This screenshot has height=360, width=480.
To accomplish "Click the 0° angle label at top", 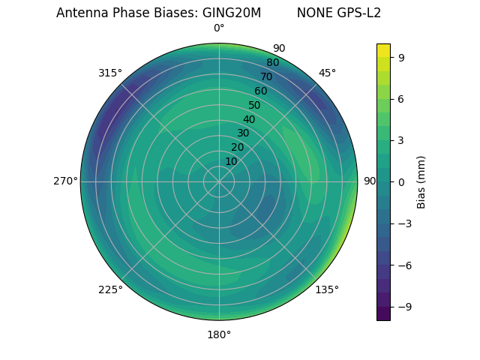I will pos(219,28).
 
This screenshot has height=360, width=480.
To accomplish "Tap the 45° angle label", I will pos(327,73).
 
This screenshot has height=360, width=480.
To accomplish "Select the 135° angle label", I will pos(327,290).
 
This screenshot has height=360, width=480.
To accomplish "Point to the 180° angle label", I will pos(219,334).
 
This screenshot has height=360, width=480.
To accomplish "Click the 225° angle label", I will pos(110,290).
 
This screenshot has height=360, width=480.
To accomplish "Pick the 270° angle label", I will pos(65,181).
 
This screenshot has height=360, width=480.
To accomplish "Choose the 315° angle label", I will pos(110,73).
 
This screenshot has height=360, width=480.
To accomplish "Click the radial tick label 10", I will pos(231,161).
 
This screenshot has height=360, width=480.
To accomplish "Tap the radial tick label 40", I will pos(249,120).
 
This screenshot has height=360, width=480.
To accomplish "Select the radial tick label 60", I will pos(261,91).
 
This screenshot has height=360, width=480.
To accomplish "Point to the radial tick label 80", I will pos(272,63).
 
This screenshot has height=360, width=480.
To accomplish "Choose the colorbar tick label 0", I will pos(402,181).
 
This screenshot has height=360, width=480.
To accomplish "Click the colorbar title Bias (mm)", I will pos(421,181).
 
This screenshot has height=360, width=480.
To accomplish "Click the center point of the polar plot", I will pos(219,181).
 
